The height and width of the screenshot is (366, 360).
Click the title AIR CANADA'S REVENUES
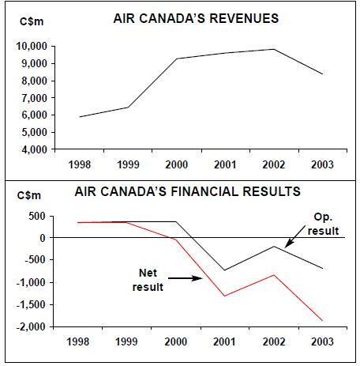(196, 18)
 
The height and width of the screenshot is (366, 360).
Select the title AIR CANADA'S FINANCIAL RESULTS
(187, 191)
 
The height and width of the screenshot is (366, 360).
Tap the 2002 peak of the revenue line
(274, 49)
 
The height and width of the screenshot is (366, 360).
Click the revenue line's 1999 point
(128, 108)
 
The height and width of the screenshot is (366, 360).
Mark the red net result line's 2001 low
(225, 296)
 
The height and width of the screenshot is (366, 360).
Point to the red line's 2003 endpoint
(322, 321)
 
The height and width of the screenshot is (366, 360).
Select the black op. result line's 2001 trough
(224, 270)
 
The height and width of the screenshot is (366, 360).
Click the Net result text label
(148, 280)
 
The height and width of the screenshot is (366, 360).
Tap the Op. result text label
(323, 224)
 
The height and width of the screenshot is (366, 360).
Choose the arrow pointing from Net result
(186, 278)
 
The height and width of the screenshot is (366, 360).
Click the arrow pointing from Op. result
(295, 236)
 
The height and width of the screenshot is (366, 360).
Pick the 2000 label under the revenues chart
(177, 165)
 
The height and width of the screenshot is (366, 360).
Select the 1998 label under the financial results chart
(78, 341)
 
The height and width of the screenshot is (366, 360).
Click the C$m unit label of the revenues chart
(32, 21)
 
